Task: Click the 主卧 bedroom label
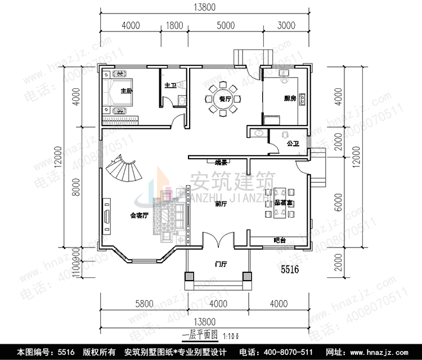[125, 91]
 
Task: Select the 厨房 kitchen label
[290, 98]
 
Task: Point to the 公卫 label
[293, 143]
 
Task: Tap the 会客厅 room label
[139, 215]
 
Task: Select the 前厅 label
[221, 204]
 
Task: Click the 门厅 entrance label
[221, 263]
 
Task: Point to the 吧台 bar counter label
[280, 240]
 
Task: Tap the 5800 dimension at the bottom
[145, 304]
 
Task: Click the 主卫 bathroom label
[170, 85]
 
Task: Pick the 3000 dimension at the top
[286, 25]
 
